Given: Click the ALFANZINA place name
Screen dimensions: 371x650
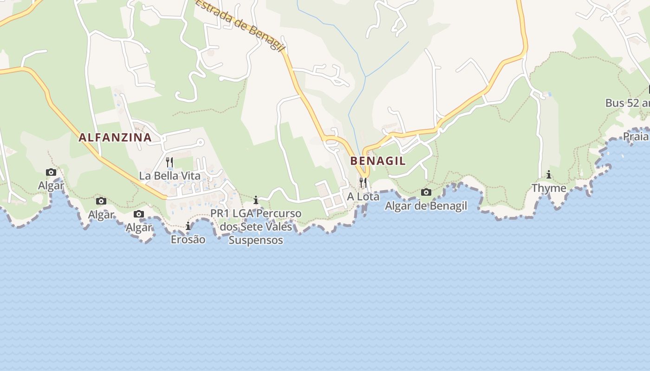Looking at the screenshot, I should (115, 137).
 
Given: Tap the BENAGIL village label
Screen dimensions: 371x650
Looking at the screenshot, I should (378, 161).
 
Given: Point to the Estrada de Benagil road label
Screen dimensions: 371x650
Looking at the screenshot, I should (240, 25).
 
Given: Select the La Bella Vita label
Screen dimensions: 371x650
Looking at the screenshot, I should (170, 176).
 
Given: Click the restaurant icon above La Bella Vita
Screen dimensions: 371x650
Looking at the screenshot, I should (169, 162).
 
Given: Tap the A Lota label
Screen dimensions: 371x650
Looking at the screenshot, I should (363, 197).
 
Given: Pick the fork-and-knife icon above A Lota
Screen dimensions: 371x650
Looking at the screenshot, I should (363, 182).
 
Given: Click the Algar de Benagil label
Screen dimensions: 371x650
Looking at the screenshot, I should (426, 206).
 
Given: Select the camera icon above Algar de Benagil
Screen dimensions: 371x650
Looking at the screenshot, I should (426, 192).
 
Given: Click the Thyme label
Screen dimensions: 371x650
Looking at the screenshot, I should (549, 188).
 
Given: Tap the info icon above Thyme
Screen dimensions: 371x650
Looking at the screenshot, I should (549, 175).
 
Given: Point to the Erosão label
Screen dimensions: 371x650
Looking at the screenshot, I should (188, 240).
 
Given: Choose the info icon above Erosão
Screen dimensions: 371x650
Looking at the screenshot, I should (188, 226).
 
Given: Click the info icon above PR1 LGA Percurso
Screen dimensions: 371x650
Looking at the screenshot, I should (256, 200).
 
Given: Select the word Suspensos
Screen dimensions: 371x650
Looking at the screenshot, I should (256, 240).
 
